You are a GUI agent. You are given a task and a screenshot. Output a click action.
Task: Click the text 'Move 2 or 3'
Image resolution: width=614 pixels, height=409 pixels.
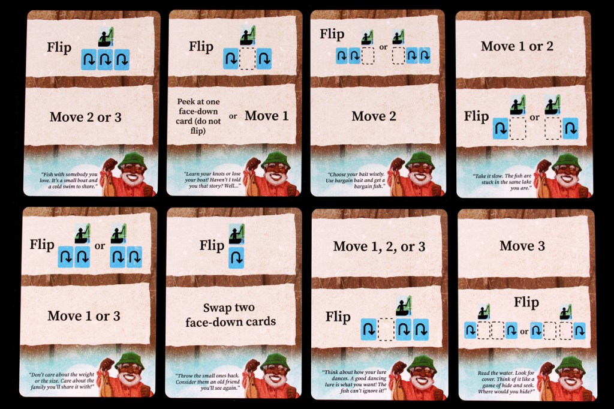coord(85,117)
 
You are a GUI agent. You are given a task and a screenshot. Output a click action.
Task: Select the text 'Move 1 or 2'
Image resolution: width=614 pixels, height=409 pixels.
coord(517,46)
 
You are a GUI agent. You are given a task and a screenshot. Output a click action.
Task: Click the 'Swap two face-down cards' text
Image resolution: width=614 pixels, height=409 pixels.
coord(230,315)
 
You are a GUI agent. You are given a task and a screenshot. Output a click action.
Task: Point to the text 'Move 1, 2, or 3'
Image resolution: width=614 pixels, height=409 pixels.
coord(379,246)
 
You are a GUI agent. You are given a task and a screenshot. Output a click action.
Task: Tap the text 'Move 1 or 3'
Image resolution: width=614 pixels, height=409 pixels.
coord(84,316)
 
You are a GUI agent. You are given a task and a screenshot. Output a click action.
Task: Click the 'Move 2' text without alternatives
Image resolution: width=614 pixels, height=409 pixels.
coord(374,116)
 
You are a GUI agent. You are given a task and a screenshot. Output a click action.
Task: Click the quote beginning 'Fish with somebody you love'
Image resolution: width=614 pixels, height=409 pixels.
coord(69,180)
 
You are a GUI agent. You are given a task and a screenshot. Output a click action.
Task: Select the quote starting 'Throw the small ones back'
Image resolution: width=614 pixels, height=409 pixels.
coord(207,381)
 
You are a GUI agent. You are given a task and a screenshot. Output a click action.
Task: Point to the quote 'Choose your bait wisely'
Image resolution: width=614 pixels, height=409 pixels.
coord(356,180)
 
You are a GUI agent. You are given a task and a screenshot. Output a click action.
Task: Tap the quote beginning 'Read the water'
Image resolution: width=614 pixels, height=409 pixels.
coord(506,382)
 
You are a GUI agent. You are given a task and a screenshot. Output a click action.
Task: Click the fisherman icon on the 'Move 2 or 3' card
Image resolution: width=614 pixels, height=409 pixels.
coord(106,37)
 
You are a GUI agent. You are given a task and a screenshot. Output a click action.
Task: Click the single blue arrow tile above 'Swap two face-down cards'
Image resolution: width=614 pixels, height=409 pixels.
coord(236,257)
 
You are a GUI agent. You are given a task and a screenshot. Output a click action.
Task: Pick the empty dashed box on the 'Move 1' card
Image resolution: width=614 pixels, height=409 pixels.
coord(248,58)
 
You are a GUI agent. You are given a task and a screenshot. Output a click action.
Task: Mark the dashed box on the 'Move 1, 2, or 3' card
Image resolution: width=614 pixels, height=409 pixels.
coord(386,329)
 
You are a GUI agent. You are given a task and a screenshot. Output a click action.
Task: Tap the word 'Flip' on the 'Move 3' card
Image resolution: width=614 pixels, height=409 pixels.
coord(526,302)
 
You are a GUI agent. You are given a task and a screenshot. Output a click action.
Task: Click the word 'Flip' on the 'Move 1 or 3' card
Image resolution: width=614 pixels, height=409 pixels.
coord(42,245)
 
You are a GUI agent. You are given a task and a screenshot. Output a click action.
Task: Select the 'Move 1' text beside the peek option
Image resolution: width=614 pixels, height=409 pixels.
coord(266,116)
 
